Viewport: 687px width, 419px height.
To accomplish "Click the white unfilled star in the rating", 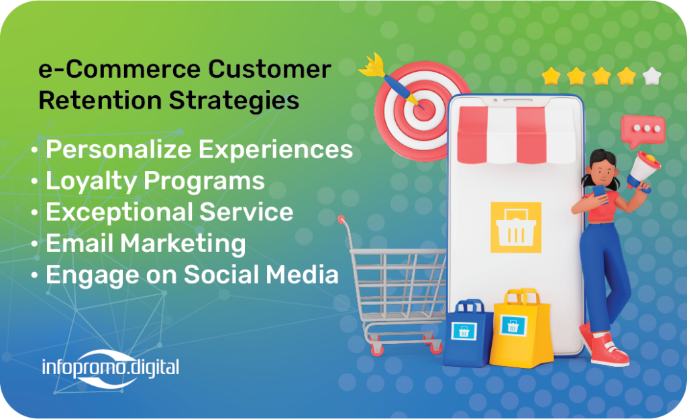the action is pyautogui.click(x=651, y=76).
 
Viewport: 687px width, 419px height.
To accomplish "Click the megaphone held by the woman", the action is pyautogui.click(x=642, y=171).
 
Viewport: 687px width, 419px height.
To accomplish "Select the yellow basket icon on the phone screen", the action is pyautogui.click(x=516, y=227).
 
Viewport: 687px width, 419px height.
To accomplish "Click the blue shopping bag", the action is pyautogui.click(x=468, y=333).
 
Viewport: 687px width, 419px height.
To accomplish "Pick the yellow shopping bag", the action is pyautogui.click(x=521, y=328).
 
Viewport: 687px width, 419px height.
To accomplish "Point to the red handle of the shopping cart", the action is pyautogui.click(x=341, y=219).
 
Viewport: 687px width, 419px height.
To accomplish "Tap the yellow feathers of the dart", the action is pyautogui.click(x=372, y=66).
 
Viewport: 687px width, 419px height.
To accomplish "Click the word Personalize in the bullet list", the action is pyautogui.click(x=119, y=149).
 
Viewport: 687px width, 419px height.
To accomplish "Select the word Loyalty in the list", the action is pyautogui.click(x=91, y=181).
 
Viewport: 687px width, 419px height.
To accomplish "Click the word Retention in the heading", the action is pyautogui.click(x=100, y=100).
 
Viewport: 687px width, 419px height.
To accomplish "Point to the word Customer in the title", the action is pyautogui.click(x=270, y=69).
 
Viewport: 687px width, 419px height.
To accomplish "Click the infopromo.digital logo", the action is pyautogui.click(x=111, y=368).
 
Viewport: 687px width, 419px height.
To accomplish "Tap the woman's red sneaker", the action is pyautogui.click(x=609, y=349).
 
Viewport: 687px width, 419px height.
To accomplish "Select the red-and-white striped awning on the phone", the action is pyautogui.click(x=516, y=135).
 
